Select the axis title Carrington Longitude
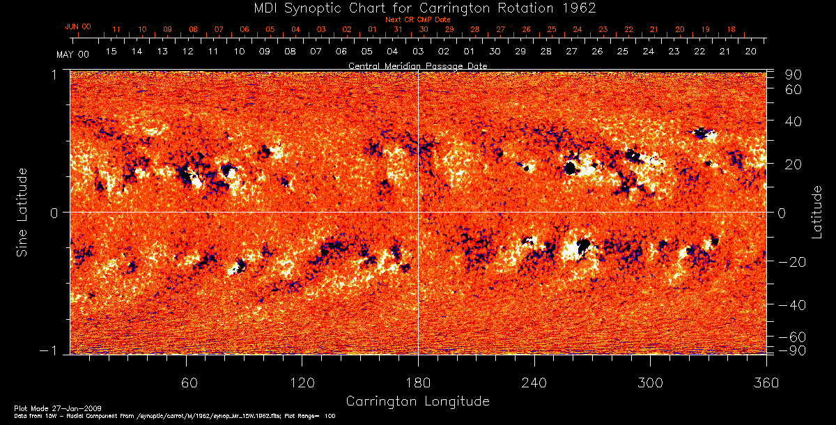click(417, 401)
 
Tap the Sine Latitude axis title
click(23, 212)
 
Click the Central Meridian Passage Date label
click(417, 65)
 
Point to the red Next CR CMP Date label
click(417, 20)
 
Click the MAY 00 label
click(72, 54)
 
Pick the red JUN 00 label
click(77, 26)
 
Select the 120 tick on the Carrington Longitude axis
click(302, 383)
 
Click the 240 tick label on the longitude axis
click(534, 383)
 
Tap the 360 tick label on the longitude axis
click(766, 383)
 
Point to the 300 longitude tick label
click(649, 383)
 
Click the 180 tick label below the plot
click(417, 383)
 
